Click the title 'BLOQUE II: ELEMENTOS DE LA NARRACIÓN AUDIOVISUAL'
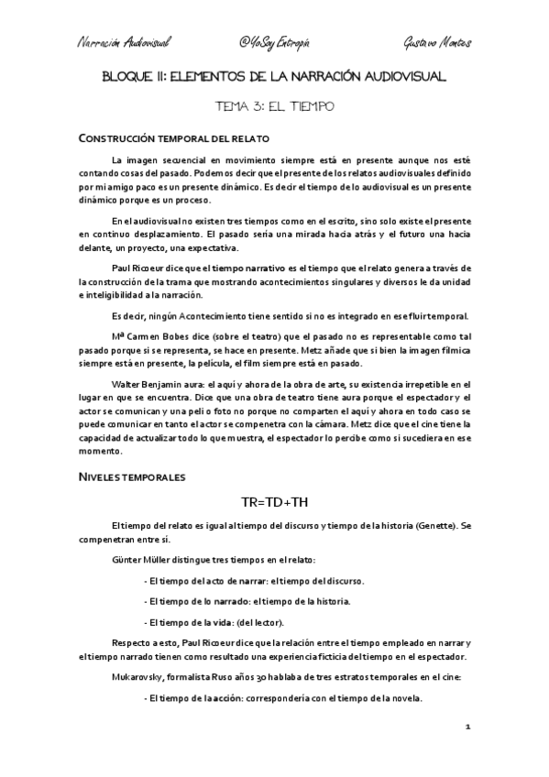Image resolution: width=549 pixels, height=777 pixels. pyautogui.click(x=274, y=79)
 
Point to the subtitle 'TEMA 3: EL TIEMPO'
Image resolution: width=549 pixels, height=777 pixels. pyautogui.click(x=274, y=107)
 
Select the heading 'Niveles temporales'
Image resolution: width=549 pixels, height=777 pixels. pyautogui.click(x=130, y=476)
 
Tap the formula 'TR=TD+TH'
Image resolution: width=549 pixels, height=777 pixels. pyautogui.click(x=274, y=503)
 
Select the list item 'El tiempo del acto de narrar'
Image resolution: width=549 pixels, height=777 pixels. pyautogui.click(x=207, y=581)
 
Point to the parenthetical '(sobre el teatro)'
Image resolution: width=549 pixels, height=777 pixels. pyautogui.click(x=241, y=338)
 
